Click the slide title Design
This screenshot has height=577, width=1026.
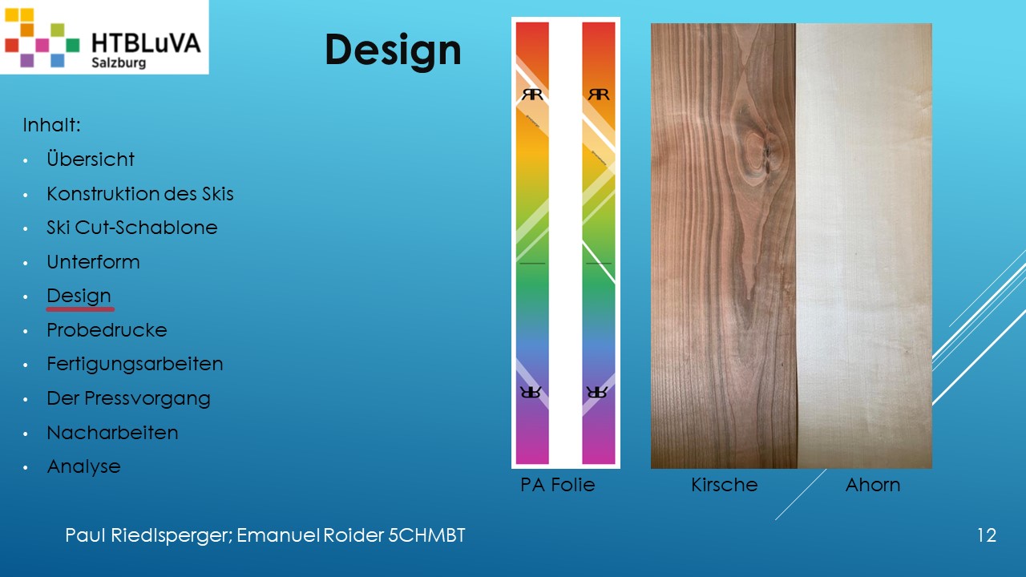click(x=393, y=50)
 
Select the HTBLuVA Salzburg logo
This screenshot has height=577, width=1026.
click(x=104, y=37)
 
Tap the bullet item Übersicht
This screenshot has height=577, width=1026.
click(x=91, y=159)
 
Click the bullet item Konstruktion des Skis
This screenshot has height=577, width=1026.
click(x=140, y=193)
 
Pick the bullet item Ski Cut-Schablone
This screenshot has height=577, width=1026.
click(x=132, y=227)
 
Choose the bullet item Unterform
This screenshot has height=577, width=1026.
click(x=93, y=261)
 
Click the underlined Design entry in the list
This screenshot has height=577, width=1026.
click(x=79, y=297)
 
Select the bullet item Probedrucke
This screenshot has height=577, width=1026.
click(x=107, y=329)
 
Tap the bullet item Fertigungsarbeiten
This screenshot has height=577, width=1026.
click(x=135, y=364)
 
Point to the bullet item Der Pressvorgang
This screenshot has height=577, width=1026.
click(x=128, y=398)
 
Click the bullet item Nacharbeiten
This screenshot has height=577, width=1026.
click(x=112, y=432)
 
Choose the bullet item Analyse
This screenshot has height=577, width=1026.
click(x=83, y=466)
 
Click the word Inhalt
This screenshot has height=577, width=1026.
click(x=51, y=124)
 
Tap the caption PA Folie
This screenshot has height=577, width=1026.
click(x=557, y=485)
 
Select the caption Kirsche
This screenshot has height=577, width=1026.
click(x=724, y=485)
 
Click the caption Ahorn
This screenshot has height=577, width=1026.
click(x=873, y=485)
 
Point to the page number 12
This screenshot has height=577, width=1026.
click(x=987, y=535)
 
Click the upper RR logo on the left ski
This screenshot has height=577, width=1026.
click(x=532, y=95)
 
